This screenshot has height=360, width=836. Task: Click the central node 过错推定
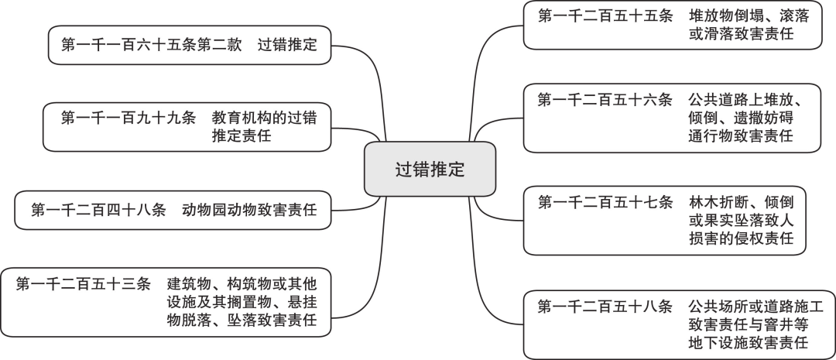click(x=430, y=170)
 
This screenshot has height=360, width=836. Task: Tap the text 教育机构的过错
click(x=263, y=118)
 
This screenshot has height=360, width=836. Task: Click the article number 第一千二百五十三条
click(x=83, y=283)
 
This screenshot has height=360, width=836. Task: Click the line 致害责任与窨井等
click(x=749, y=324)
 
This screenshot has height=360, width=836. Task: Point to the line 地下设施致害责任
click(x=749, y=342)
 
